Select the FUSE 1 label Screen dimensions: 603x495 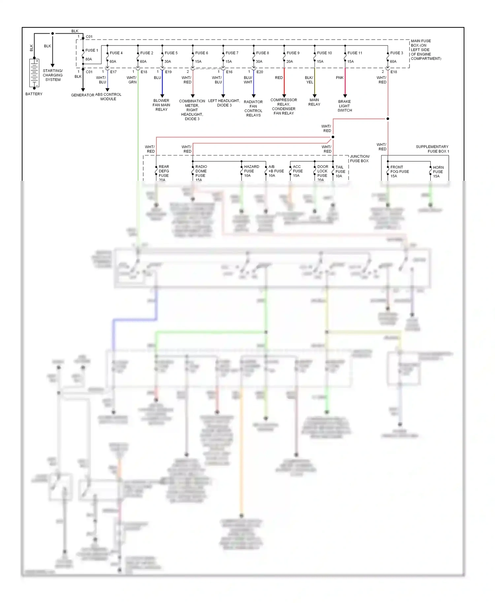coord(91,50)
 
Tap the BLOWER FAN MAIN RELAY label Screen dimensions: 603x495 coord(161,105)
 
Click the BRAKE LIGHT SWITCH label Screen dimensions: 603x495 coord(345,106)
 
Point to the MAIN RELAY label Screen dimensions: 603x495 coord(314,102)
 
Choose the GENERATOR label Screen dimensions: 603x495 coord(82,95)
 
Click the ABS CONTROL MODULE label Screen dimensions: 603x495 coord(108,97)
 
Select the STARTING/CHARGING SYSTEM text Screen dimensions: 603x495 coord(53,75)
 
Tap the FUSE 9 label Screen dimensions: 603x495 coord(293,53)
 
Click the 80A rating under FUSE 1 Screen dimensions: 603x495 coord(89,59)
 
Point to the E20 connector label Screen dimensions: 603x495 coord(260,72)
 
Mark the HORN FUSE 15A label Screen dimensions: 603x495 coord(438,172)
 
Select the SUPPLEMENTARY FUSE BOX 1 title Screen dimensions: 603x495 coord(432,149)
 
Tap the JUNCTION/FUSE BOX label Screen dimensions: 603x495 coord(360,159)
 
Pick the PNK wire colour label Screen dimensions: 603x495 coord(340,78)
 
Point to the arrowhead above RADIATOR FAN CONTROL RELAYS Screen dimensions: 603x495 coord(253,96)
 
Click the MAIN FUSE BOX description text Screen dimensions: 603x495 coord(425,50)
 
